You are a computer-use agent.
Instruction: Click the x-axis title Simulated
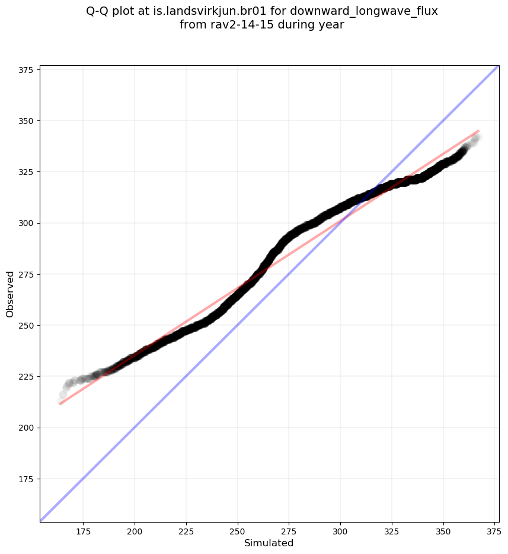coord(269,543)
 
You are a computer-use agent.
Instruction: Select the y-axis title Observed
coord(10,294)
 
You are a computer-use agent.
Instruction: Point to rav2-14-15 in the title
coord(235,25)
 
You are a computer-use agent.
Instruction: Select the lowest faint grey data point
coord(60,402)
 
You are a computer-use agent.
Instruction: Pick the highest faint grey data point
coord(478,138)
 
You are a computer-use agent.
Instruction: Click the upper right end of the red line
coord(478,130)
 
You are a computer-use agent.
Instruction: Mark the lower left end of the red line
coord(60,404)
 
